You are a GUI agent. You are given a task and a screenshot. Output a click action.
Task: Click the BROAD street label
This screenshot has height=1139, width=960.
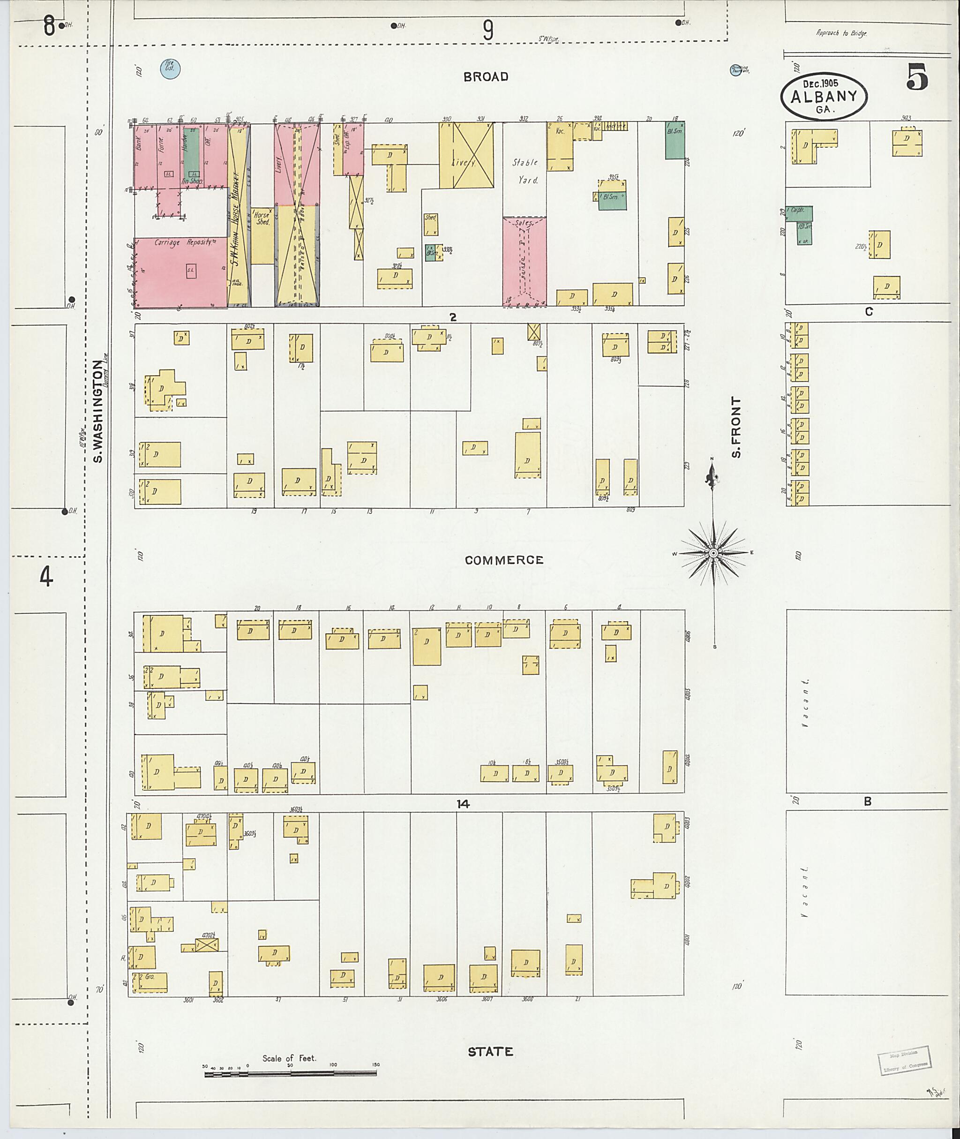486,77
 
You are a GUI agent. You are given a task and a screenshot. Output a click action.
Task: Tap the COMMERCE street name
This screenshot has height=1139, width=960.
504,560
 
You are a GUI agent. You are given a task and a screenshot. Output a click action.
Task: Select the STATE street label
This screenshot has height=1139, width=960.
490,1051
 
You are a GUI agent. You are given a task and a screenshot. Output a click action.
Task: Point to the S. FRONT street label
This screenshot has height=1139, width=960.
736,427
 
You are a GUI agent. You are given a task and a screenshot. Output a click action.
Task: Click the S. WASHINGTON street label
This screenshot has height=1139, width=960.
98,412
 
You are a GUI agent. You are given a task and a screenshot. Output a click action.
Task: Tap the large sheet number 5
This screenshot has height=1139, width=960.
917,78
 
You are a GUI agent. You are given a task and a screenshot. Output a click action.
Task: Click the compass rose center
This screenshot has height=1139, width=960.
713,553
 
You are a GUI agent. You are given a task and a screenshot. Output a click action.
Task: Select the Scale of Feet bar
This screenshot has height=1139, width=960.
290,1074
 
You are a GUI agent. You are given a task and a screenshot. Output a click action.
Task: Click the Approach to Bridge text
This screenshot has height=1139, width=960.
841,33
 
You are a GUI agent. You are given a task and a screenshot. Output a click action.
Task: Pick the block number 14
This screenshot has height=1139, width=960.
463,804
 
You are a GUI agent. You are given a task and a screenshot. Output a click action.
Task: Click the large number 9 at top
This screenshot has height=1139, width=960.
488,30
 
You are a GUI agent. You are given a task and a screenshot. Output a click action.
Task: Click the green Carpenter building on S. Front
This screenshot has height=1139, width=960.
800,213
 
